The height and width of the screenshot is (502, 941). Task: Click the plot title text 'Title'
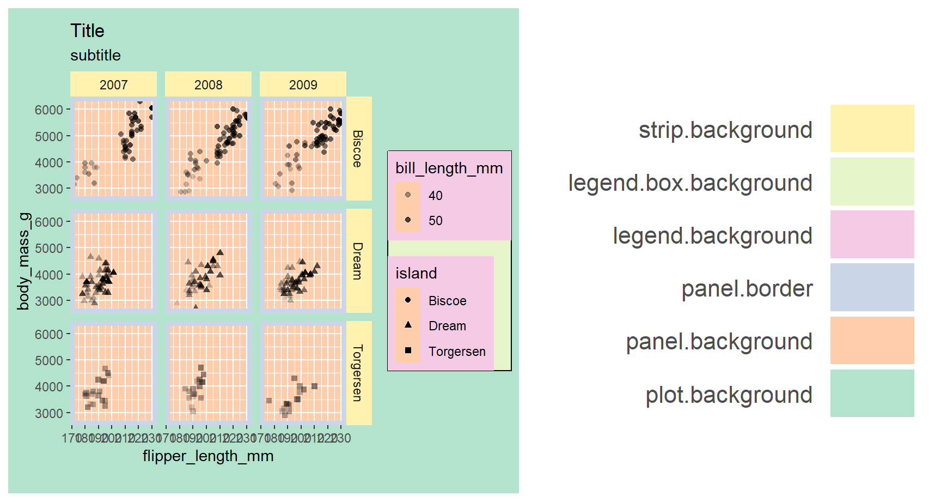[x=87, y=31]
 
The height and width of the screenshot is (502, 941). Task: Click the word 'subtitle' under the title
[x=95, y=56]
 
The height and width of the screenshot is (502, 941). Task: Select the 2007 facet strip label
[x=113, y=85]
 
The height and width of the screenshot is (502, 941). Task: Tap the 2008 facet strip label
[x=208, y=85]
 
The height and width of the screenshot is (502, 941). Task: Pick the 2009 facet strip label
[x=303, y=85]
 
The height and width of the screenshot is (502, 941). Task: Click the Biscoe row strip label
[x=357, y=148]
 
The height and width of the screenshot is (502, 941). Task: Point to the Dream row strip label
[x=357, y=261]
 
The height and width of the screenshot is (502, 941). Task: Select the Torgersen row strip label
[x=357, y=373]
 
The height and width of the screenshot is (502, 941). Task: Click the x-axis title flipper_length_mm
[x=208, y=456]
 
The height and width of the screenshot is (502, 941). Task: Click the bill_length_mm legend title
[x=449, y=168]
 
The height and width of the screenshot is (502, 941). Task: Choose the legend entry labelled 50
[x=435, y=221]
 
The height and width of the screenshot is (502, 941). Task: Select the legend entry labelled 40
[x=435, y=196]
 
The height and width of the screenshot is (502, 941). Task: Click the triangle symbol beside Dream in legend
[x=408, y=325]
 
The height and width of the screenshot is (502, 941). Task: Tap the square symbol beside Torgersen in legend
[x=408, y=350]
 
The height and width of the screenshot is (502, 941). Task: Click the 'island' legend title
[x=416, y=274]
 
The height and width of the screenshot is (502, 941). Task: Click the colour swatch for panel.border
[x=872, y=287]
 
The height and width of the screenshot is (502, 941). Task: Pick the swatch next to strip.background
[x=872, y=129]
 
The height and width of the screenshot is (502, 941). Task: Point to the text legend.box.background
[x=690, y=183]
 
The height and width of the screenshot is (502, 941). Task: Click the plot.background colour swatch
[x=872, y=394]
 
